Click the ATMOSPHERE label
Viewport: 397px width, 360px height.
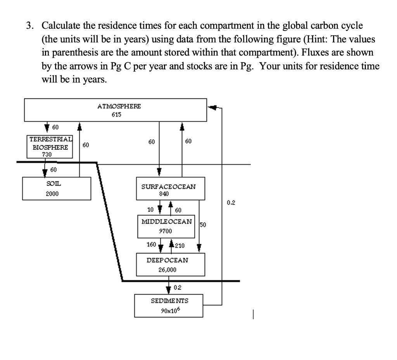[x=119, y=106]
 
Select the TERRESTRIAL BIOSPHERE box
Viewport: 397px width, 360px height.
[x=50, y=146]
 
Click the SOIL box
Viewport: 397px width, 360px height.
[x=57, y=188]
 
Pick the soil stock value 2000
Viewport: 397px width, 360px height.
[x=52, y=194]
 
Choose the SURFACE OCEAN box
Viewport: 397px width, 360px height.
[x=170, y=189]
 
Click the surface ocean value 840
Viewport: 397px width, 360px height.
[x=165, y=193]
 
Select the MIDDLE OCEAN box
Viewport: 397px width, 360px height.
[x=166, y=226]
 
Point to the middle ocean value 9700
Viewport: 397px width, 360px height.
[x=166, y=231]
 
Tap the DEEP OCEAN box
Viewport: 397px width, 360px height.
[x=170, y=264]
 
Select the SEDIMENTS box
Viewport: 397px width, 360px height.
[x=169, y=305]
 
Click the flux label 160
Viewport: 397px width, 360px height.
[x=151, y=244]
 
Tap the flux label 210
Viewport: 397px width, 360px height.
[x=180, y=245]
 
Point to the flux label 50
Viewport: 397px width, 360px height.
[x=203, y=225]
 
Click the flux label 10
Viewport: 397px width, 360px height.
[x=150, y=209]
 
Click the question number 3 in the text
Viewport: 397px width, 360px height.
[x=29, y=26]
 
